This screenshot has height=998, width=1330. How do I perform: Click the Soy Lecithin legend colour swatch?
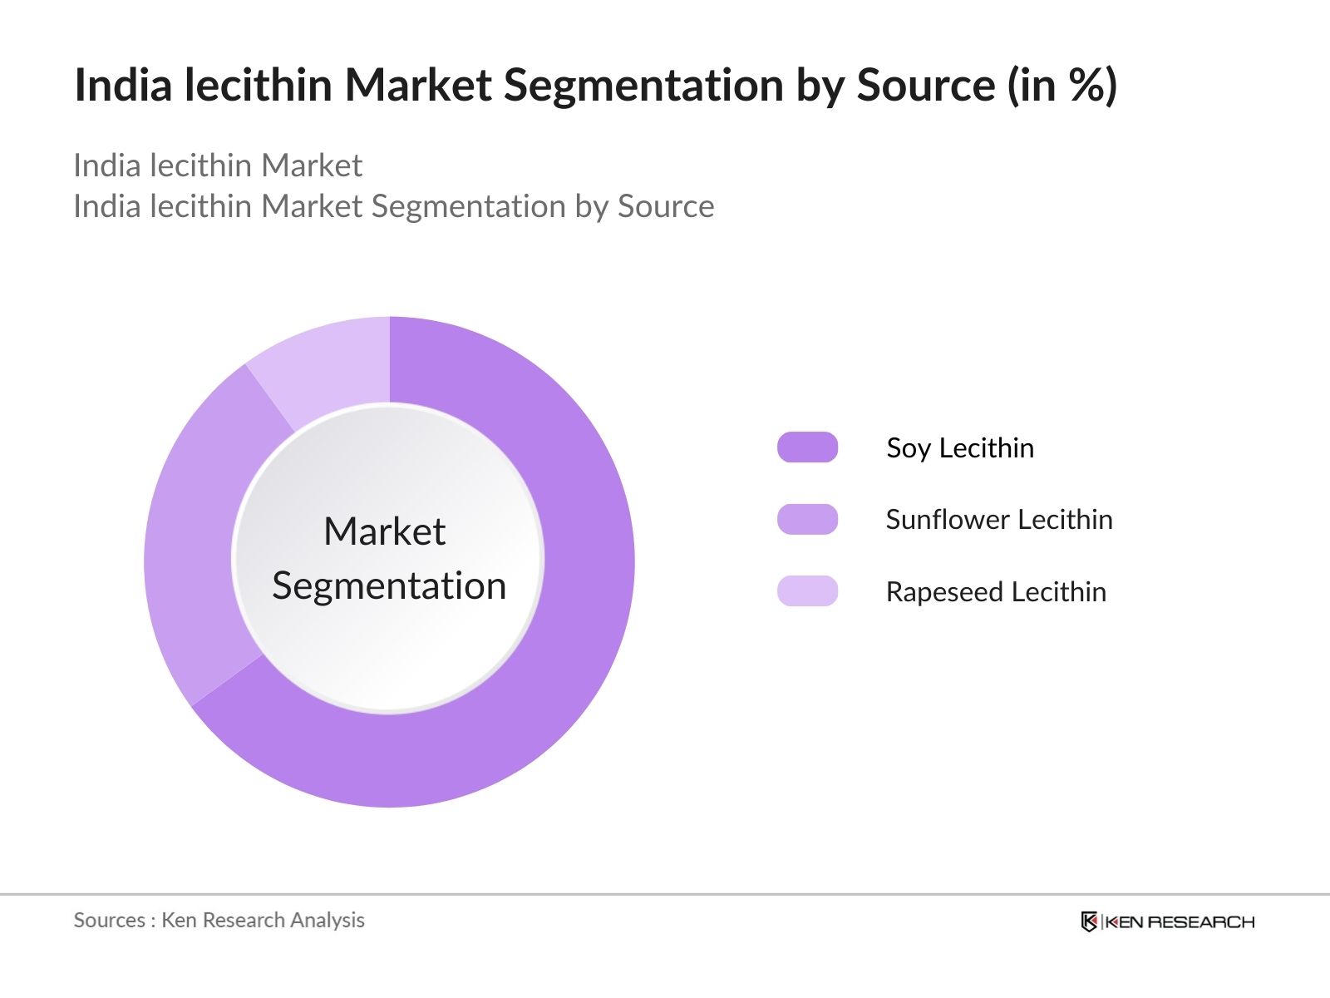pyautogui.click(x=807, y=447)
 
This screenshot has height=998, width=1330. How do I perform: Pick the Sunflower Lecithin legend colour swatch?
pyautogui.click(x=807, y=519)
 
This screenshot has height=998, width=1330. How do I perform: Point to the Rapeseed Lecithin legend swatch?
pyautogui.click(x=807, y=591)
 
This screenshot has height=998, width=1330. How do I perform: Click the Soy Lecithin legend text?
pyautogui.click(x=960, y=448)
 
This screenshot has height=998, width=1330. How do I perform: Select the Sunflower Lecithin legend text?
pyautogui.click(x=998, y=520)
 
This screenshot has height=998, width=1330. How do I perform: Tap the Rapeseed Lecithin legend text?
pyautogui.click(x=996, y=592)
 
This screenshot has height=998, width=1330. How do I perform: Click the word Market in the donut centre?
pyautogui.click(x=384, y=532)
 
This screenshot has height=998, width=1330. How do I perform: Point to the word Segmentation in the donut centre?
pyautogui.click(x=389, y=586)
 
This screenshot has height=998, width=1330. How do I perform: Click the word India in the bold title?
pyautogui.click(x=122, y=85)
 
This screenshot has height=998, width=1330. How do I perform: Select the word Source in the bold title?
pyautogui.click(x=925, y=85)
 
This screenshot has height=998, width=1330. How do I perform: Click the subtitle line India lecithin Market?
pyautogui.click(x=218, y=166)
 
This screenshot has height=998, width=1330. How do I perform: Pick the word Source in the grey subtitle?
pyautogui.click(x=665, y=206)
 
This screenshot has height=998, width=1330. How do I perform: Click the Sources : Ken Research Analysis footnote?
pyautogui.click(x=219, y=920)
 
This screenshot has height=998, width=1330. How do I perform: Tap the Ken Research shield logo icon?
pyautogui.click(x=1089, y=921)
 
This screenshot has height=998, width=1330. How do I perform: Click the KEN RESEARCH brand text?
pyautogui.click(x=1180, y=921)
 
